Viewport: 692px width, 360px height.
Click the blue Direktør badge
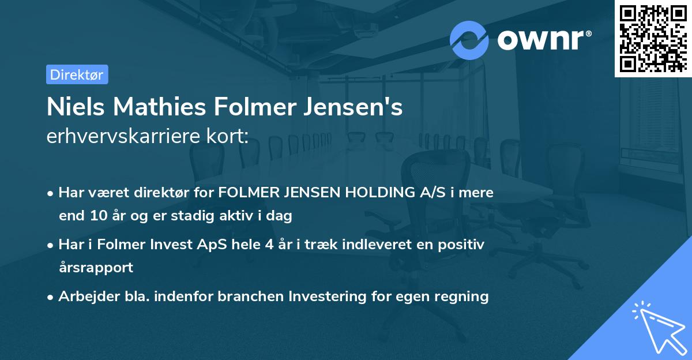[77, 74]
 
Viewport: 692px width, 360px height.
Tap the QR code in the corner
[653, 39]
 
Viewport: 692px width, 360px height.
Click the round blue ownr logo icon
[469, 40]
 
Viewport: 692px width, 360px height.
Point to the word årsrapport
[96, 268]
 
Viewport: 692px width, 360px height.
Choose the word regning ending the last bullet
[462, 297]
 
